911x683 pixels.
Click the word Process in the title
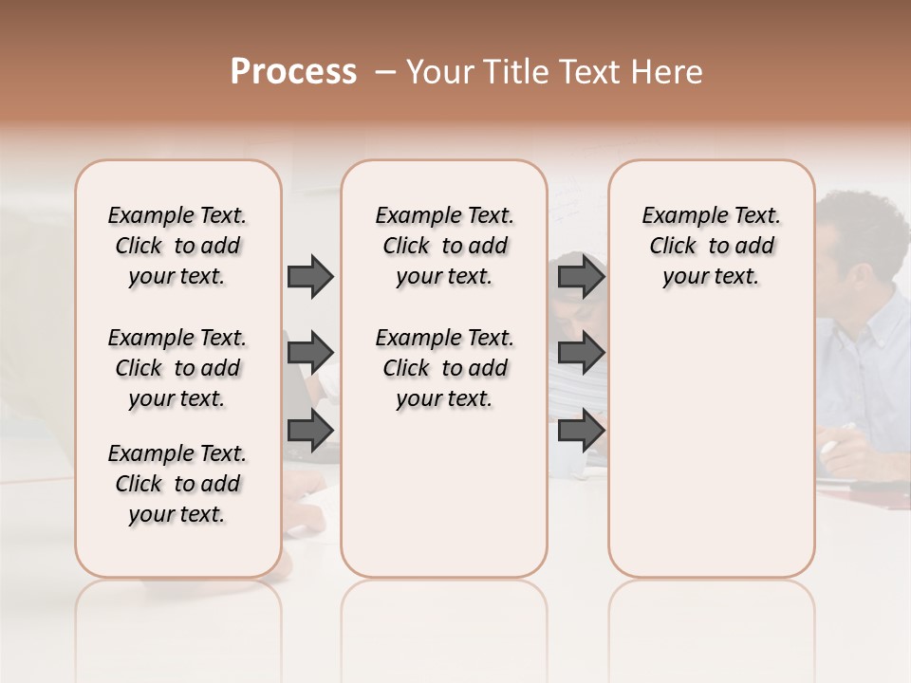[293, 72]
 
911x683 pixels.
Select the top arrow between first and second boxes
[310, 276]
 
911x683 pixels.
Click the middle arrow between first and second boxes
[310, 353]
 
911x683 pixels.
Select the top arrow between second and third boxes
[581, 276]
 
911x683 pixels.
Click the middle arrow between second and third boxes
[581, 353]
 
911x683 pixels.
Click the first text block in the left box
[177, 246]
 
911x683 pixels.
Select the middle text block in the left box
[177, 368]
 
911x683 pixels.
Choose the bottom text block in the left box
[177, 484]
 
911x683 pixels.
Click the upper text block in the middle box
[444, 246]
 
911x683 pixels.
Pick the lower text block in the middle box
[444, 368]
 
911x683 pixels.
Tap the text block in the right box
[711, 246]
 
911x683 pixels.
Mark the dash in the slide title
[385, 72]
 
